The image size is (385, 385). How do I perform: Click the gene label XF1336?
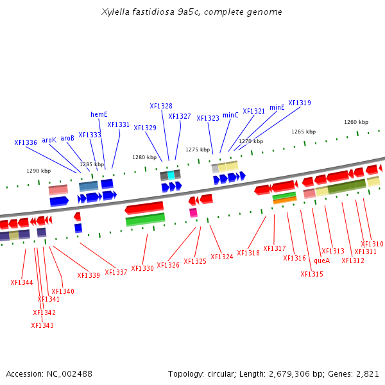26,142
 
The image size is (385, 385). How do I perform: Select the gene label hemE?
99,115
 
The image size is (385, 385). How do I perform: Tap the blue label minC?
230,116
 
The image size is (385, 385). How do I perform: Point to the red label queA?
321,261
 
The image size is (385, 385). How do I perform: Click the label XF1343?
42,325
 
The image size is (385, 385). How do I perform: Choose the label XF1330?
142,268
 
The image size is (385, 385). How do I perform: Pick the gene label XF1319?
300,103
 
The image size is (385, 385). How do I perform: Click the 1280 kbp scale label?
144,157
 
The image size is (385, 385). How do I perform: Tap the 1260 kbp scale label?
356,122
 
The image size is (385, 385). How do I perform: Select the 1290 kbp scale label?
38,171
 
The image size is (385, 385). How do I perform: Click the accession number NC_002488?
69,373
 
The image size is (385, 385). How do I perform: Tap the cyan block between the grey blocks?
171,175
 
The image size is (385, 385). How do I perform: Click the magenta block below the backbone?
193,212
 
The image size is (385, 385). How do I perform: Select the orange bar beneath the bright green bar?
284,201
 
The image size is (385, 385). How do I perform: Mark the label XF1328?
161,107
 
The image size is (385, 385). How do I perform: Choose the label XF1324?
222,257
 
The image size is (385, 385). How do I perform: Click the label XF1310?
372,244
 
